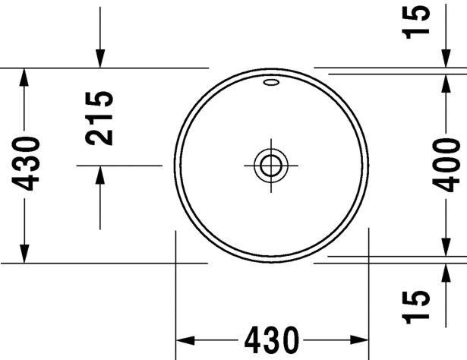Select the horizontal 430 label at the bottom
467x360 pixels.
(x=270, y=339)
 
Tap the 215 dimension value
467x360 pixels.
(x=100, y=118)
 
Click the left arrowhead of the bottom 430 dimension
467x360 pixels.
(x=185, y=339)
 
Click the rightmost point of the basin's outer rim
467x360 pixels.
(x=368, y=165)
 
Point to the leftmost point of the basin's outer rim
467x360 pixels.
(x=174, y=165)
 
